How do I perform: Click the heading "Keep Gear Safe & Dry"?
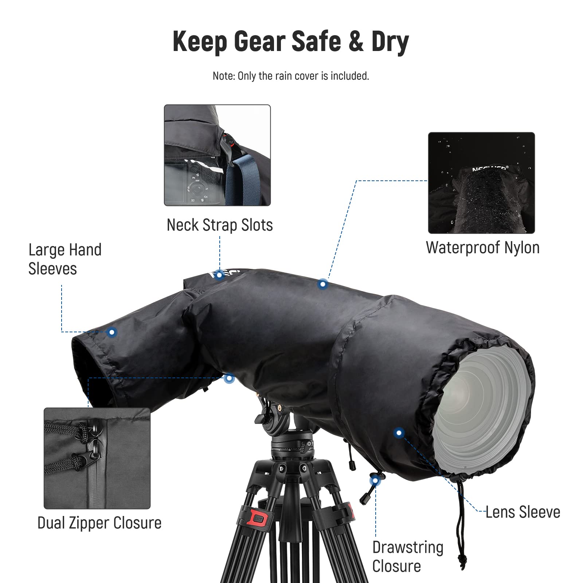click(x=291, y=42)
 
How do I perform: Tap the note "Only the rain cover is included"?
click(x=291, y=76)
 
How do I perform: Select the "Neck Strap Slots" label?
click(x=220, y=225)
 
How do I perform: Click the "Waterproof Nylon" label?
click(x=482, y=247)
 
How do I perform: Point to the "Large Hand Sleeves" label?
click(x=65, y=259)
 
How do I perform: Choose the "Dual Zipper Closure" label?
click(x=99, y=523)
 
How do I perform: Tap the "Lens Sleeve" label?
click(x=523, y=512)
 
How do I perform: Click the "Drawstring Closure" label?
click(x=408, y=556)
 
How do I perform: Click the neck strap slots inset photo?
click(x=217, y=155)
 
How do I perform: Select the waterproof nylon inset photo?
click(x=481, y=183)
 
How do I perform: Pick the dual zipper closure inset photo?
click(x=97, y=458)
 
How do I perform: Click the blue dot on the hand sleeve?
click(x=112, y=332)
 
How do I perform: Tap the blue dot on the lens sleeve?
click(x=399, y=433)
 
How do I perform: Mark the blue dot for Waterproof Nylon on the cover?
click(x=322, y=284)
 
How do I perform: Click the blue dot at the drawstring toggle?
click(x=375, y=481)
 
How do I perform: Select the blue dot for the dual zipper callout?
click(x=229, y=378)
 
